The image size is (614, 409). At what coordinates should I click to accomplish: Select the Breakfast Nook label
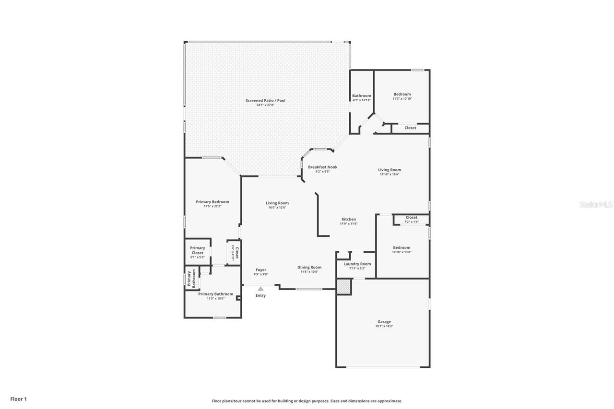point(322,167)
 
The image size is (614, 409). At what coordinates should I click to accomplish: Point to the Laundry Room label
point(357,264)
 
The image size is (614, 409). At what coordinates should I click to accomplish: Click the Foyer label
point(260,270)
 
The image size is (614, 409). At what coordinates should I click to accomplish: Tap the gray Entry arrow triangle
point(260,289)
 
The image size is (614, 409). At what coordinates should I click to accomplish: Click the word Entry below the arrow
point(260,295)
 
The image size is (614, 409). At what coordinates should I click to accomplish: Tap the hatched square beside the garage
point(343,286)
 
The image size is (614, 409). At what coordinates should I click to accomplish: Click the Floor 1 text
point(19,399)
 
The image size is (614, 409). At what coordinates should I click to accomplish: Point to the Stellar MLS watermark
point(596,204)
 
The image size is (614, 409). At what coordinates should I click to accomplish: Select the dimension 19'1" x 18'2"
point(384,326)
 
